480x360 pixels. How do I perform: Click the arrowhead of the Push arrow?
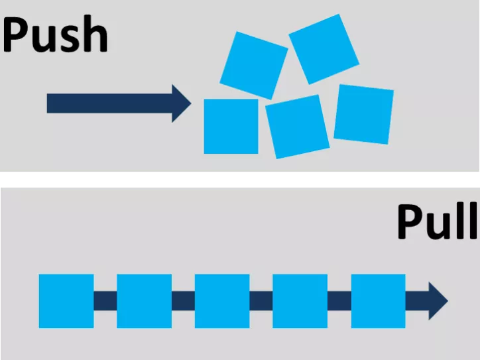[181, 103]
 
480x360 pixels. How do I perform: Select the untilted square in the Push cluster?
[231, 126]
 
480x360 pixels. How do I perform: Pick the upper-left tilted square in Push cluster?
[253, 64]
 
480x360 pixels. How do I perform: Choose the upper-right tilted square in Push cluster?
[324, 48]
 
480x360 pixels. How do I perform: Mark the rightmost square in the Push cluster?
[363, 114]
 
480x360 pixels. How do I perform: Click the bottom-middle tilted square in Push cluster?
[297, 126]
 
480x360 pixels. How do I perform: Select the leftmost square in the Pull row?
[66, 300]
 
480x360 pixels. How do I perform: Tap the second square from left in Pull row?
[144, 300]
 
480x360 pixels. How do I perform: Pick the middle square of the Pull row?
[222, 300]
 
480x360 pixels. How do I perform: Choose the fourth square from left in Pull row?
[300, 300]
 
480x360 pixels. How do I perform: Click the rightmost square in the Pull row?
[378, 300]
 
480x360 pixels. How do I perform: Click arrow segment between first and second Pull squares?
[105, 300]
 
